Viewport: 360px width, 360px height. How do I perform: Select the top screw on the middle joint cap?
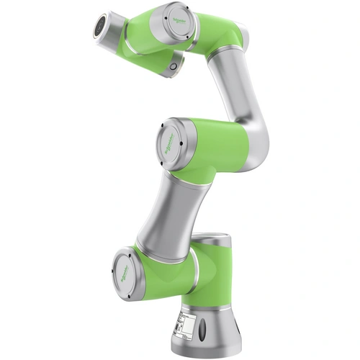[x=172, y=122]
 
